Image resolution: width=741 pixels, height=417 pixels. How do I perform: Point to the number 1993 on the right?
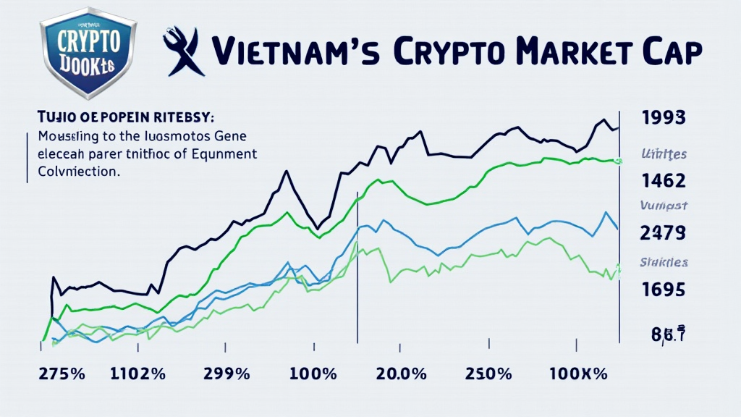[664, 118]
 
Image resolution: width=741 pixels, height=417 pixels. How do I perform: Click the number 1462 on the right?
[664, 180]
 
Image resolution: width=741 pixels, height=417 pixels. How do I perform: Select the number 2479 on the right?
[664, 233]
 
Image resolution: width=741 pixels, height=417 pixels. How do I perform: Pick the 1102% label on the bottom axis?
[137, 376]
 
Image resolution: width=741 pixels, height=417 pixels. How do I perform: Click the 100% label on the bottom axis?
[312, 376]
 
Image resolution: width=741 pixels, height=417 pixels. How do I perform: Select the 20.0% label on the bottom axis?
[402, 376]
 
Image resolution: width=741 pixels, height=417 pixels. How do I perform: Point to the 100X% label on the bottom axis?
[579, 376]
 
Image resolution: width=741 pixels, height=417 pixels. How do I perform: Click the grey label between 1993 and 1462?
[664, 153]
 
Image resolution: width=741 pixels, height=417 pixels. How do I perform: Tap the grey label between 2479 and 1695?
[664, 263]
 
